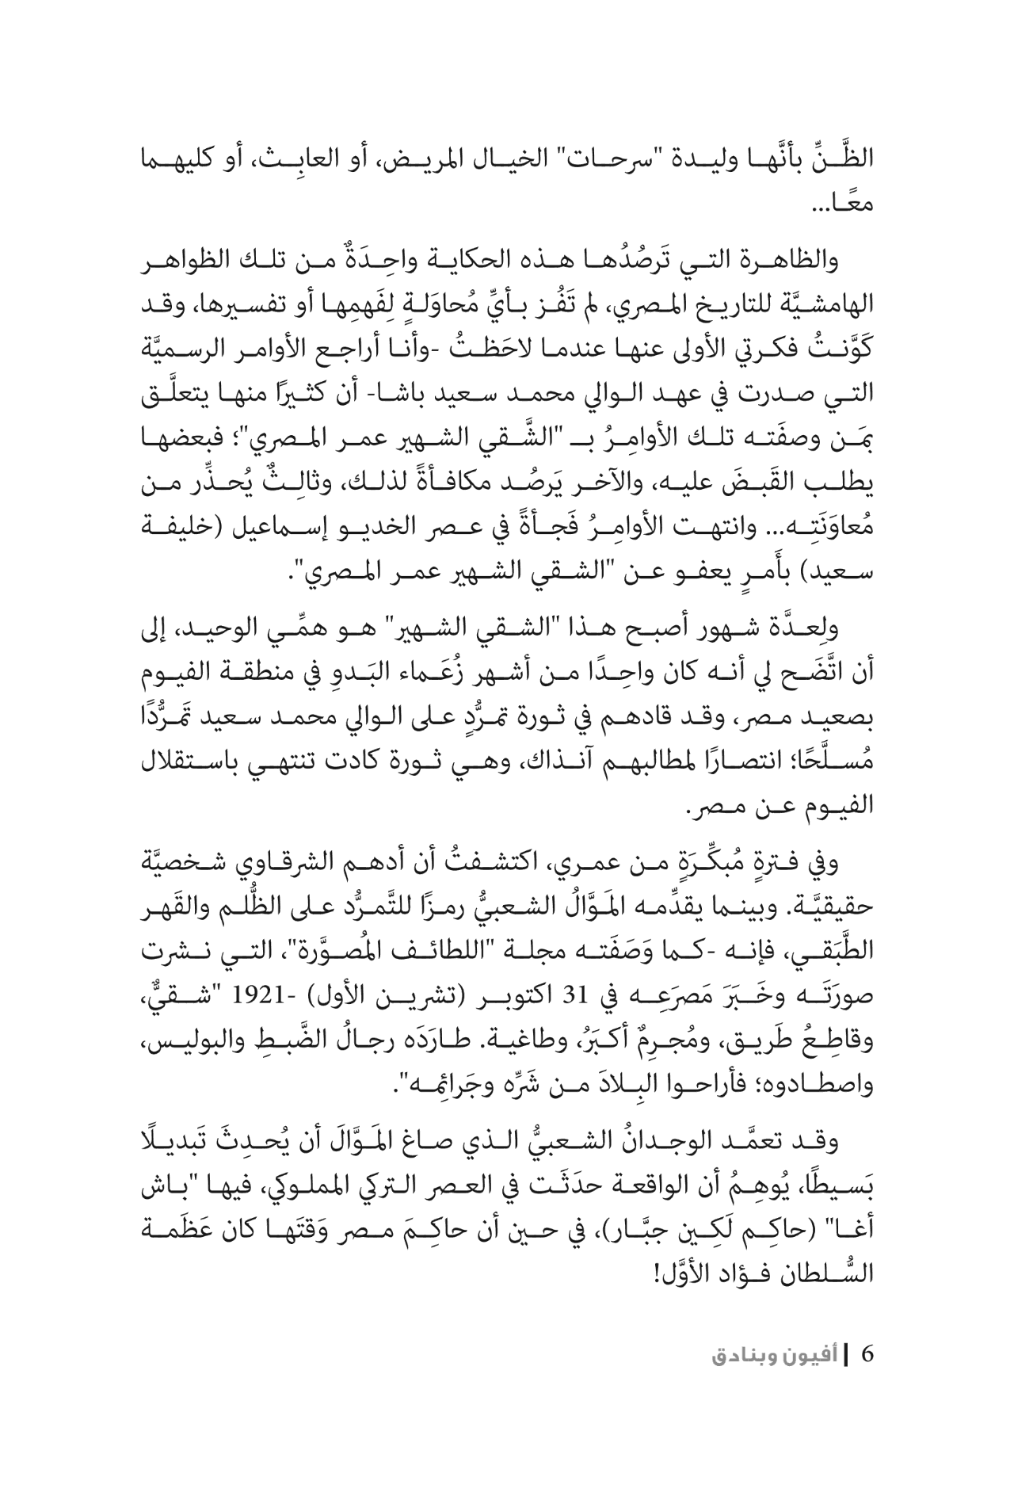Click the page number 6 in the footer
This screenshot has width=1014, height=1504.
pos(867,1353)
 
